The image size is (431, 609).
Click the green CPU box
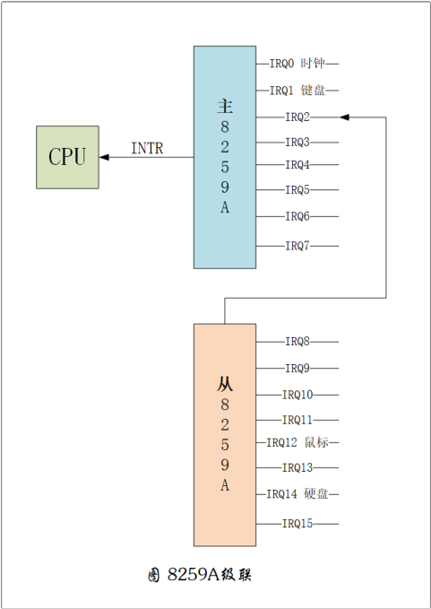67,157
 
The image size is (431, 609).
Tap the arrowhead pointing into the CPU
105,157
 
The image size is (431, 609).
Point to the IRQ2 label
297,117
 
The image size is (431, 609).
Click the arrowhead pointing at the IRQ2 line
346,117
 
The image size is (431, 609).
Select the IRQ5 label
297,190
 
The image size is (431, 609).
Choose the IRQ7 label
297,246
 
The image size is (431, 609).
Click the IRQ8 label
297,342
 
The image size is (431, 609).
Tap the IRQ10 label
297,395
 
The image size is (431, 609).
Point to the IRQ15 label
297,524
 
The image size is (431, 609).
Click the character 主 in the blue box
225,105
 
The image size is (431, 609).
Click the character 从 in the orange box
225,383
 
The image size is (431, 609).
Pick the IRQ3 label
297,142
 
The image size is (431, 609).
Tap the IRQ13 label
297,467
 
